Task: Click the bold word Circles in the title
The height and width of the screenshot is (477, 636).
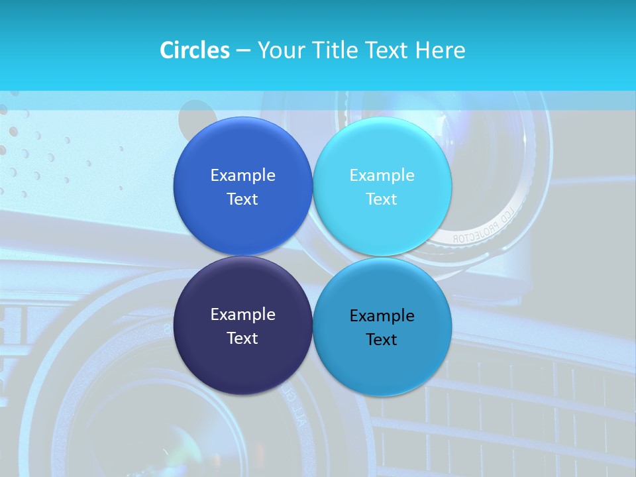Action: click(194, 50)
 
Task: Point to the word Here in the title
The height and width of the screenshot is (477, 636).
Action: click(440, 50)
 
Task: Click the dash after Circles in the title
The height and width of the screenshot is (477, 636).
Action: click(243, 51)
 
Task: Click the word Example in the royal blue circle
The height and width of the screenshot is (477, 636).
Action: click(242, 175)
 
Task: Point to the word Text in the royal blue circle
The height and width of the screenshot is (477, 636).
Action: click(242, 199)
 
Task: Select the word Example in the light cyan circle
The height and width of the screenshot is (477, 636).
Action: click(382, 175)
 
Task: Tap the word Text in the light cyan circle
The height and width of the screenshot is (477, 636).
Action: click(382, 199)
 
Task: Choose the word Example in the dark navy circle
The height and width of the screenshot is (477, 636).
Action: click(242, 314)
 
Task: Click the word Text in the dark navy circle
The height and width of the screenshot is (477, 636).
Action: click(242, 338)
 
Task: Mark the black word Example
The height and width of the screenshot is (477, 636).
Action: click(382, 315)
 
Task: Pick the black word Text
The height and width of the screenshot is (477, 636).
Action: click(382, 339)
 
